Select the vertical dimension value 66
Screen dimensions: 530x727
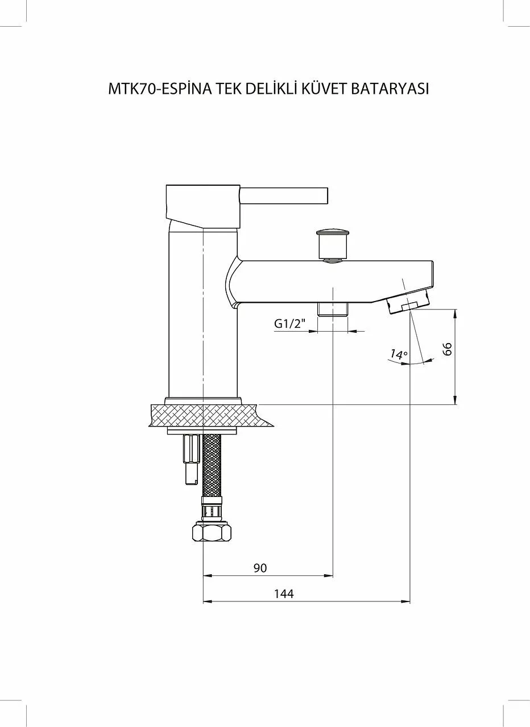coord(448,349)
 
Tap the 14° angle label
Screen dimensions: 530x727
coord(399,354)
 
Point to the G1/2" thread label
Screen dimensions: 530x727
coord(291,324)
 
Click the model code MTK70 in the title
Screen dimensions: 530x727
coord(132,89)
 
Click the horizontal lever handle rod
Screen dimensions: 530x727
coord(284,195)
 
